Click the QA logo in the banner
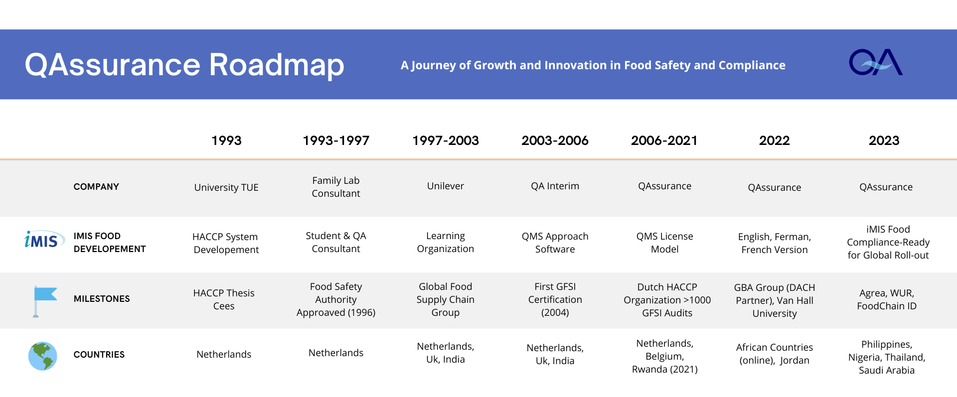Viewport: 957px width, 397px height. [876, 62]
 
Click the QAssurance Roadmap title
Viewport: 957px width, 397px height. [184, 65]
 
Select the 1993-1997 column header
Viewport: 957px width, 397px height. [336, 140]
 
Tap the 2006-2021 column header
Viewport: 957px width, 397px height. [664, 140]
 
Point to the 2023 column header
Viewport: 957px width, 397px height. [884, 140]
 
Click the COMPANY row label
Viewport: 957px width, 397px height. [96, 187]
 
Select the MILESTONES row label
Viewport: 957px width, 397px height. [102, 299]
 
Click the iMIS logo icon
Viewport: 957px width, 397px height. [44, 240]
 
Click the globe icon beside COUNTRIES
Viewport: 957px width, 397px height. [43, 356]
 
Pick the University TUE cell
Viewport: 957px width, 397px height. [226, 187]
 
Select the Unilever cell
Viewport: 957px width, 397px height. [446, 186]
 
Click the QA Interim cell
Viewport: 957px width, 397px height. [555, 186]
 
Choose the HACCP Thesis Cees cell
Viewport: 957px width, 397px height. [224, 299]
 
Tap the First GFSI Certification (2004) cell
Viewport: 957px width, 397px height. [555, 299]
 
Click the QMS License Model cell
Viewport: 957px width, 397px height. [665, 243]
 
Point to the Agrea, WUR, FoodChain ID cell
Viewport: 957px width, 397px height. [887, 299]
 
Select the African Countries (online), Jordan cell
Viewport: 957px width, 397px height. [775, 354]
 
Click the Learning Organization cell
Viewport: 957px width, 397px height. [446, 242]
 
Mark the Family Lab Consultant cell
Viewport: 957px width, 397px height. [336, 187]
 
